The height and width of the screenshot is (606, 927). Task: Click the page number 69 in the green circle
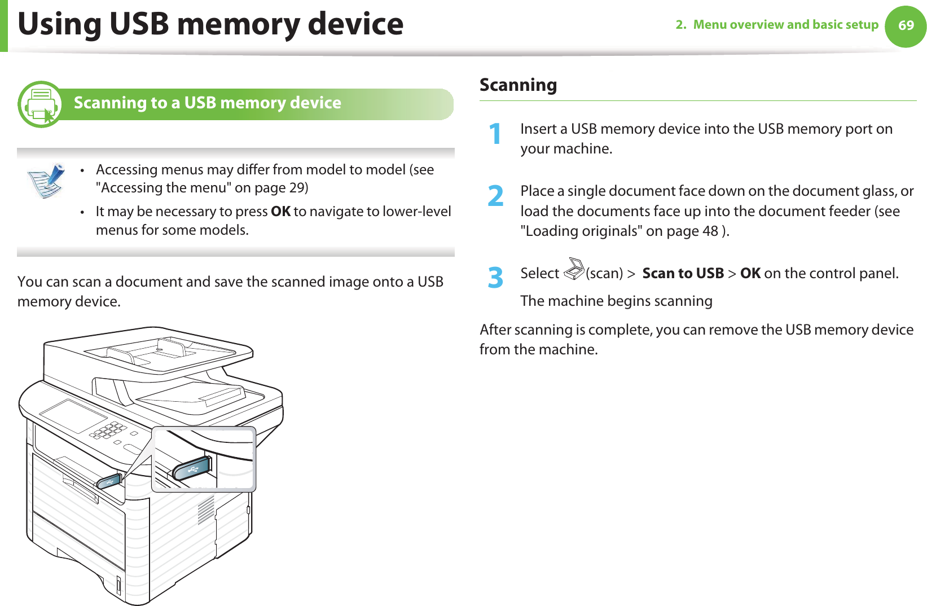click(x=906, y=25)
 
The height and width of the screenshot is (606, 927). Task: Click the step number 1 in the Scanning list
click(x=495, y=134)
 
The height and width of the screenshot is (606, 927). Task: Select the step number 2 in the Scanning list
click(x=495, y=196)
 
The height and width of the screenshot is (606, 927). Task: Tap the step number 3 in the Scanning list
click(x=495, y=278)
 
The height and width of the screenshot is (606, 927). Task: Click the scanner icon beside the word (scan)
click(x=574, y=269)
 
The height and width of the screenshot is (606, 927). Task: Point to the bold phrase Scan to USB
click(x=683, y=274)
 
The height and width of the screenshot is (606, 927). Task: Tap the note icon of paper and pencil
click(x=46, y=181)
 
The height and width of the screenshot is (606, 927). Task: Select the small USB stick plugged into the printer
click(x=109, y=481)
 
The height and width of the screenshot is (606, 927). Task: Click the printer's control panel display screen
click(x=73, y=416)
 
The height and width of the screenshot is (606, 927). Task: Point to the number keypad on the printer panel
click(x=108, y=431)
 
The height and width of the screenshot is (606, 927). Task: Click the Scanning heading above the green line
click(x=518, y=85)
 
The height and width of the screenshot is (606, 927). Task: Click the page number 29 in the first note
click(x=297, y=187)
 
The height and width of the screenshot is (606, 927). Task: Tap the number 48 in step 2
click(x=710, y=231)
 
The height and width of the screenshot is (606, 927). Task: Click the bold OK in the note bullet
click(x=280, y=212)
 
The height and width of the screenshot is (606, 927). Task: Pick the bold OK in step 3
click(x=750, y=274)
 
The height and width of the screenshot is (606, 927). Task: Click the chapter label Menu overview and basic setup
click(x=785, y=25)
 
